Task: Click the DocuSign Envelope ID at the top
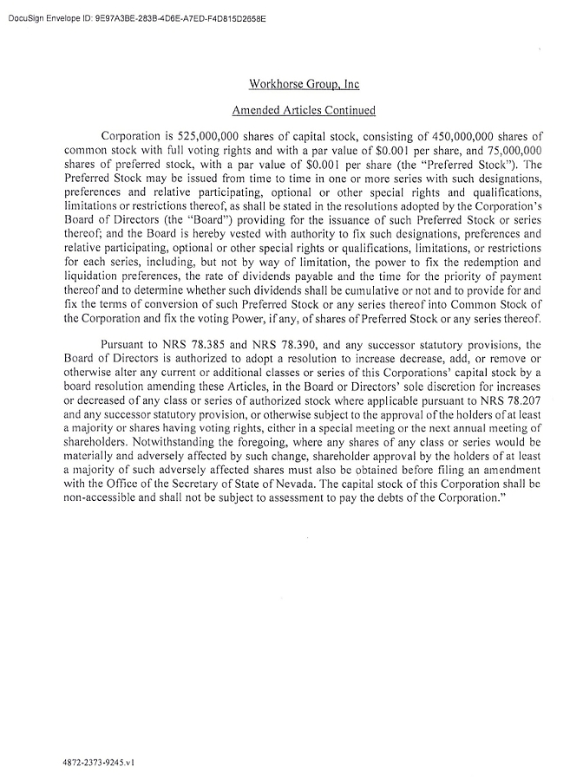pos(135,16)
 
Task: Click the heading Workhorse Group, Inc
pos(304,85)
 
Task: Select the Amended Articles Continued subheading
pos(304,111)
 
